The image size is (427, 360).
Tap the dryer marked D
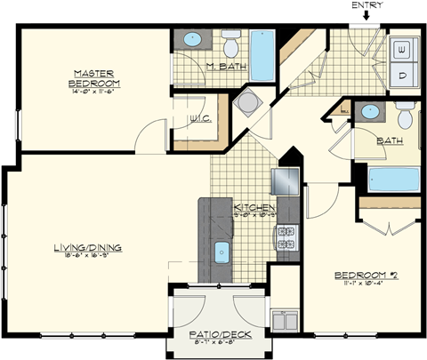coord(401,74)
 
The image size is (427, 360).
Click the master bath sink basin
coord(192,41)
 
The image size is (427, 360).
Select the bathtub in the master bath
coord(263,55)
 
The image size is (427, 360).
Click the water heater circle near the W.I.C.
coord(246,104)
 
